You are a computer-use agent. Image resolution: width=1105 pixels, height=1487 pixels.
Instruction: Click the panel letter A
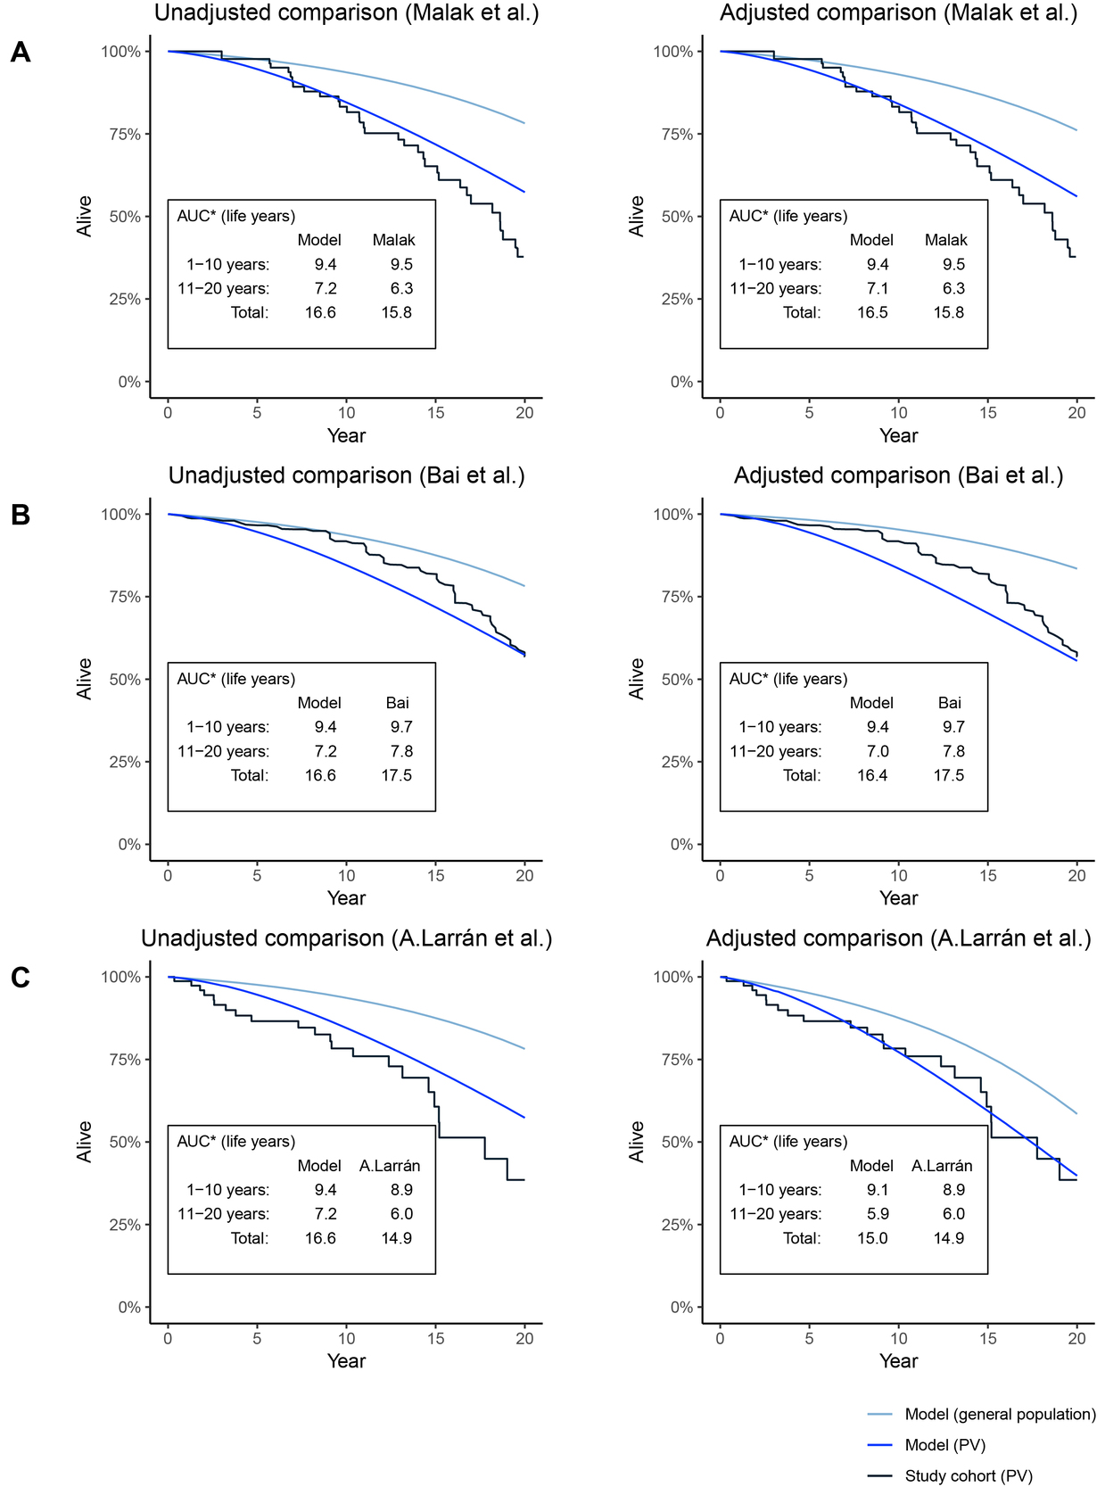pos(20,53)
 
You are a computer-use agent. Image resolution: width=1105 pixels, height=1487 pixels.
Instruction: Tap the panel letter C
pos(20,978)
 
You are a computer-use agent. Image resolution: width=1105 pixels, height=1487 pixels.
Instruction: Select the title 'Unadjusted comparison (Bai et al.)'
pos(346,475)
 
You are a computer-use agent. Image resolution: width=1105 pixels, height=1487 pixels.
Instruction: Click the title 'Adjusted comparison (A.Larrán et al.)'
pos(898,938)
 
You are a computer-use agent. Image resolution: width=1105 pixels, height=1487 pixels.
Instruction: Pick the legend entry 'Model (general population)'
pos(1000,1414)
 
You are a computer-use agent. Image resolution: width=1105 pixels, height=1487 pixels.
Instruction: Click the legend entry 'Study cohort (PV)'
pos(969,1475)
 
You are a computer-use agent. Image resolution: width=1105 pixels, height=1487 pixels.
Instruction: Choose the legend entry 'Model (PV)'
pos(944,1445)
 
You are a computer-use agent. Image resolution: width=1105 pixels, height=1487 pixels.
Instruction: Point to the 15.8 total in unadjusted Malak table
pos(397,312)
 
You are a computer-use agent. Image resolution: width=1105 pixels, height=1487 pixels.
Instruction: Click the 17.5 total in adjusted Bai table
pos(949,775)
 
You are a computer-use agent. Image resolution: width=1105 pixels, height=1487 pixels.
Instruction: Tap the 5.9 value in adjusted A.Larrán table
pos(872,1213)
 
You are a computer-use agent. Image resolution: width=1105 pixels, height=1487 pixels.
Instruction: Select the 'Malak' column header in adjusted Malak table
pos(945,240)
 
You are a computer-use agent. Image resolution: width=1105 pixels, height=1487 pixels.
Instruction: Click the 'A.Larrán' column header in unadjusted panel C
pos(390,1166)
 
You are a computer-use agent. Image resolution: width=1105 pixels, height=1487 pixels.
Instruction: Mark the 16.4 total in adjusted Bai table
pos(872,775)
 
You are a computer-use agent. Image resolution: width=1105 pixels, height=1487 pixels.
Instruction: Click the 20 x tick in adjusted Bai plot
pos(1076,875)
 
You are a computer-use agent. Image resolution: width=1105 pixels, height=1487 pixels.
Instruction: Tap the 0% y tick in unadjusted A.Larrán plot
pos(129,1307)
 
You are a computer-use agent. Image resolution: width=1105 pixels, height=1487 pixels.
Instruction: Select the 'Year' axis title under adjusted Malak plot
pos(898,435)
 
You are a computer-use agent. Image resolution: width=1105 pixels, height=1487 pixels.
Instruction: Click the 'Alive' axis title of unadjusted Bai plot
pos(85,679)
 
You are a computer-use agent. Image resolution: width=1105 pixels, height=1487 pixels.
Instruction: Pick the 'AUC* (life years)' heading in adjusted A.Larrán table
pos(788,1141)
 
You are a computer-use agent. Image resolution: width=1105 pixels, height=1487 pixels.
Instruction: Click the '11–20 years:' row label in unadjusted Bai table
pos(223,751)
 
